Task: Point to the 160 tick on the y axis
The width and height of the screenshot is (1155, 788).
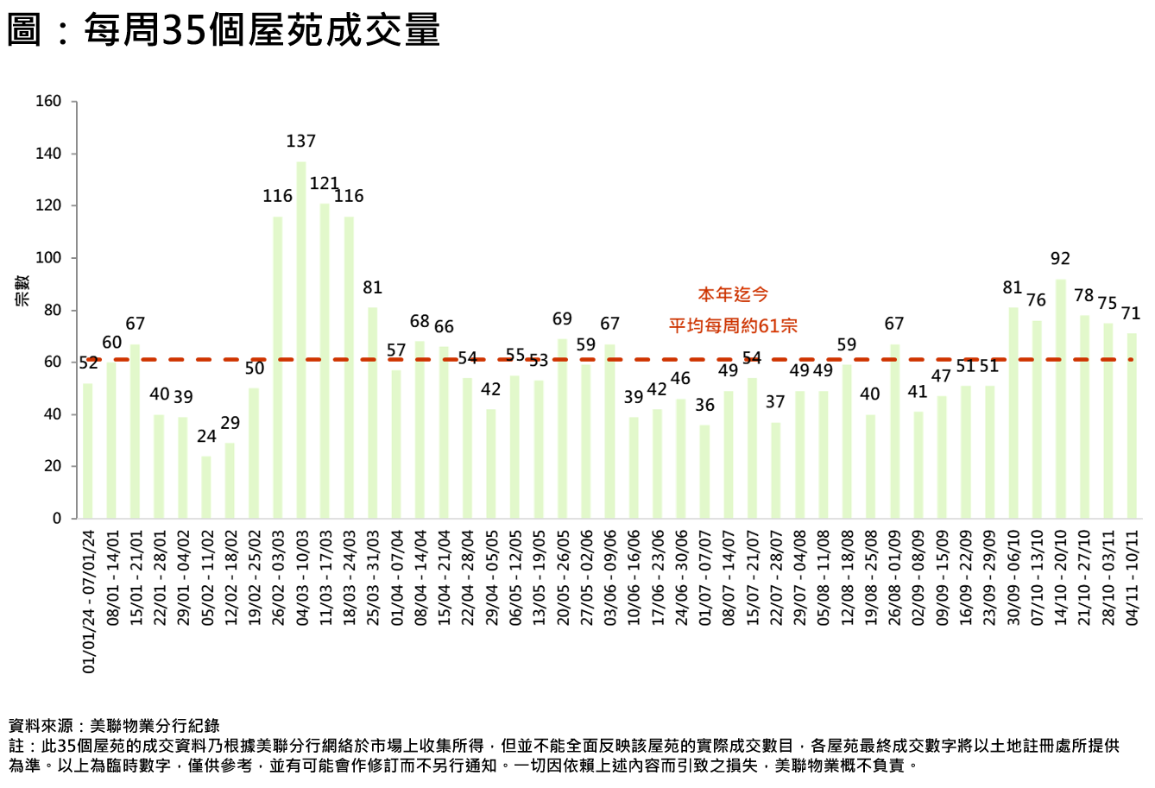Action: point(48,102)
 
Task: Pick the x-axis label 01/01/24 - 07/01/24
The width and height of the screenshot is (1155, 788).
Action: point(88,602)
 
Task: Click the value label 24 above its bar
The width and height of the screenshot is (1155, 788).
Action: point(206,437)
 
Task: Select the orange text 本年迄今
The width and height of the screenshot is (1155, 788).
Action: point(733,295)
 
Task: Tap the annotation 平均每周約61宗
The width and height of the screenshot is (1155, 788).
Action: point(733,326)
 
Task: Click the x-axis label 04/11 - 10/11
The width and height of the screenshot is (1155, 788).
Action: point(1132,577)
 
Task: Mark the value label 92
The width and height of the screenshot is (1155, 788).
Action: point(1060,259)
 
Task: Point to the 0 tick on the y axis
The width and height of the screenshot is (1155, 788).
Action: point(57,519)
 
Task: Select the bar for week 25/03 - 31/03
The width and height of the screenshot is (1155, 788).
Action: point(373,413)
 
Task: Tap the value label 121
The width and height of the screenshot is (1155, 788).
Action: point(325,184)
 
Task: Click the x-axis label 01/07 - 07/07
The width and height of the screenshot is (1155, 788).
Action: point(705,577)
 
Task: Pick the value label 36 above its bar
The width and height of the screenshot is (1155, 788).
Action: point(705,405)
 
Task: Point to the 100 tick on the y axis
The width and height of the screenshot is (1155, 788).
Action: point(48,258)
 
